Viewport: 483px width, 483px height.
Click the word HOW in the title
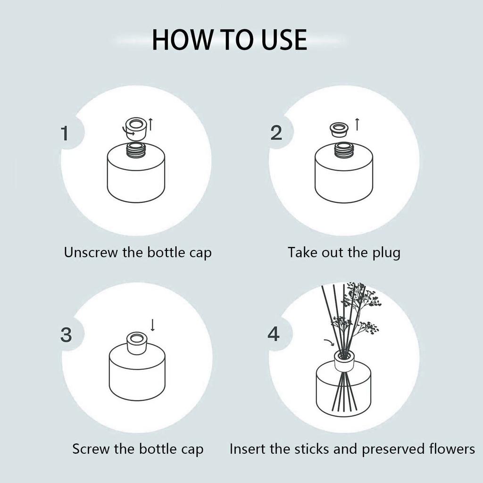click(x=182, y=40)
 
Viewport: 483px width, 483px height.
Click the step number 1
click(x=65, y=133)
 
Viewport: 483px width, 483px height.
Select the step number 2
click(x=276, y=133)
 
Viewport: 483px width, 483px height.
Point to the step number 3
click(x=66, y=334)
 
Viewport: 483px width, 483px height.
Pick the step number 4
click(x=274, y=334)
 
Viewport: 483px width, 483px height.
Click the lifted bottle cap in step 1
click(x=135, y=128)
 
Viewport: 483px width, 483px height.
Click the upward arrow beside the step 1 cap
click(x=150, y=124)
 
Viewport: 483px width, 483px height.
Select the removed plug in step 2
click(x=339, y=130)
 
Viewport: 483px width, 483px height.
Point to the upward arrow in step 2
click(x=357, y=124)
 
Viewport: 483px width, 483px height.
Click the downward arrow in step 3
click(x=152, y=325)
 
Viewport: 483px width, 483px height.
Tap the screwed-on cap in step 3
click(x=137, y=343)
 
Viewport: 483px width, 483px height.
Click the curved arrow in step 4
click(x=329, y=342)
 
